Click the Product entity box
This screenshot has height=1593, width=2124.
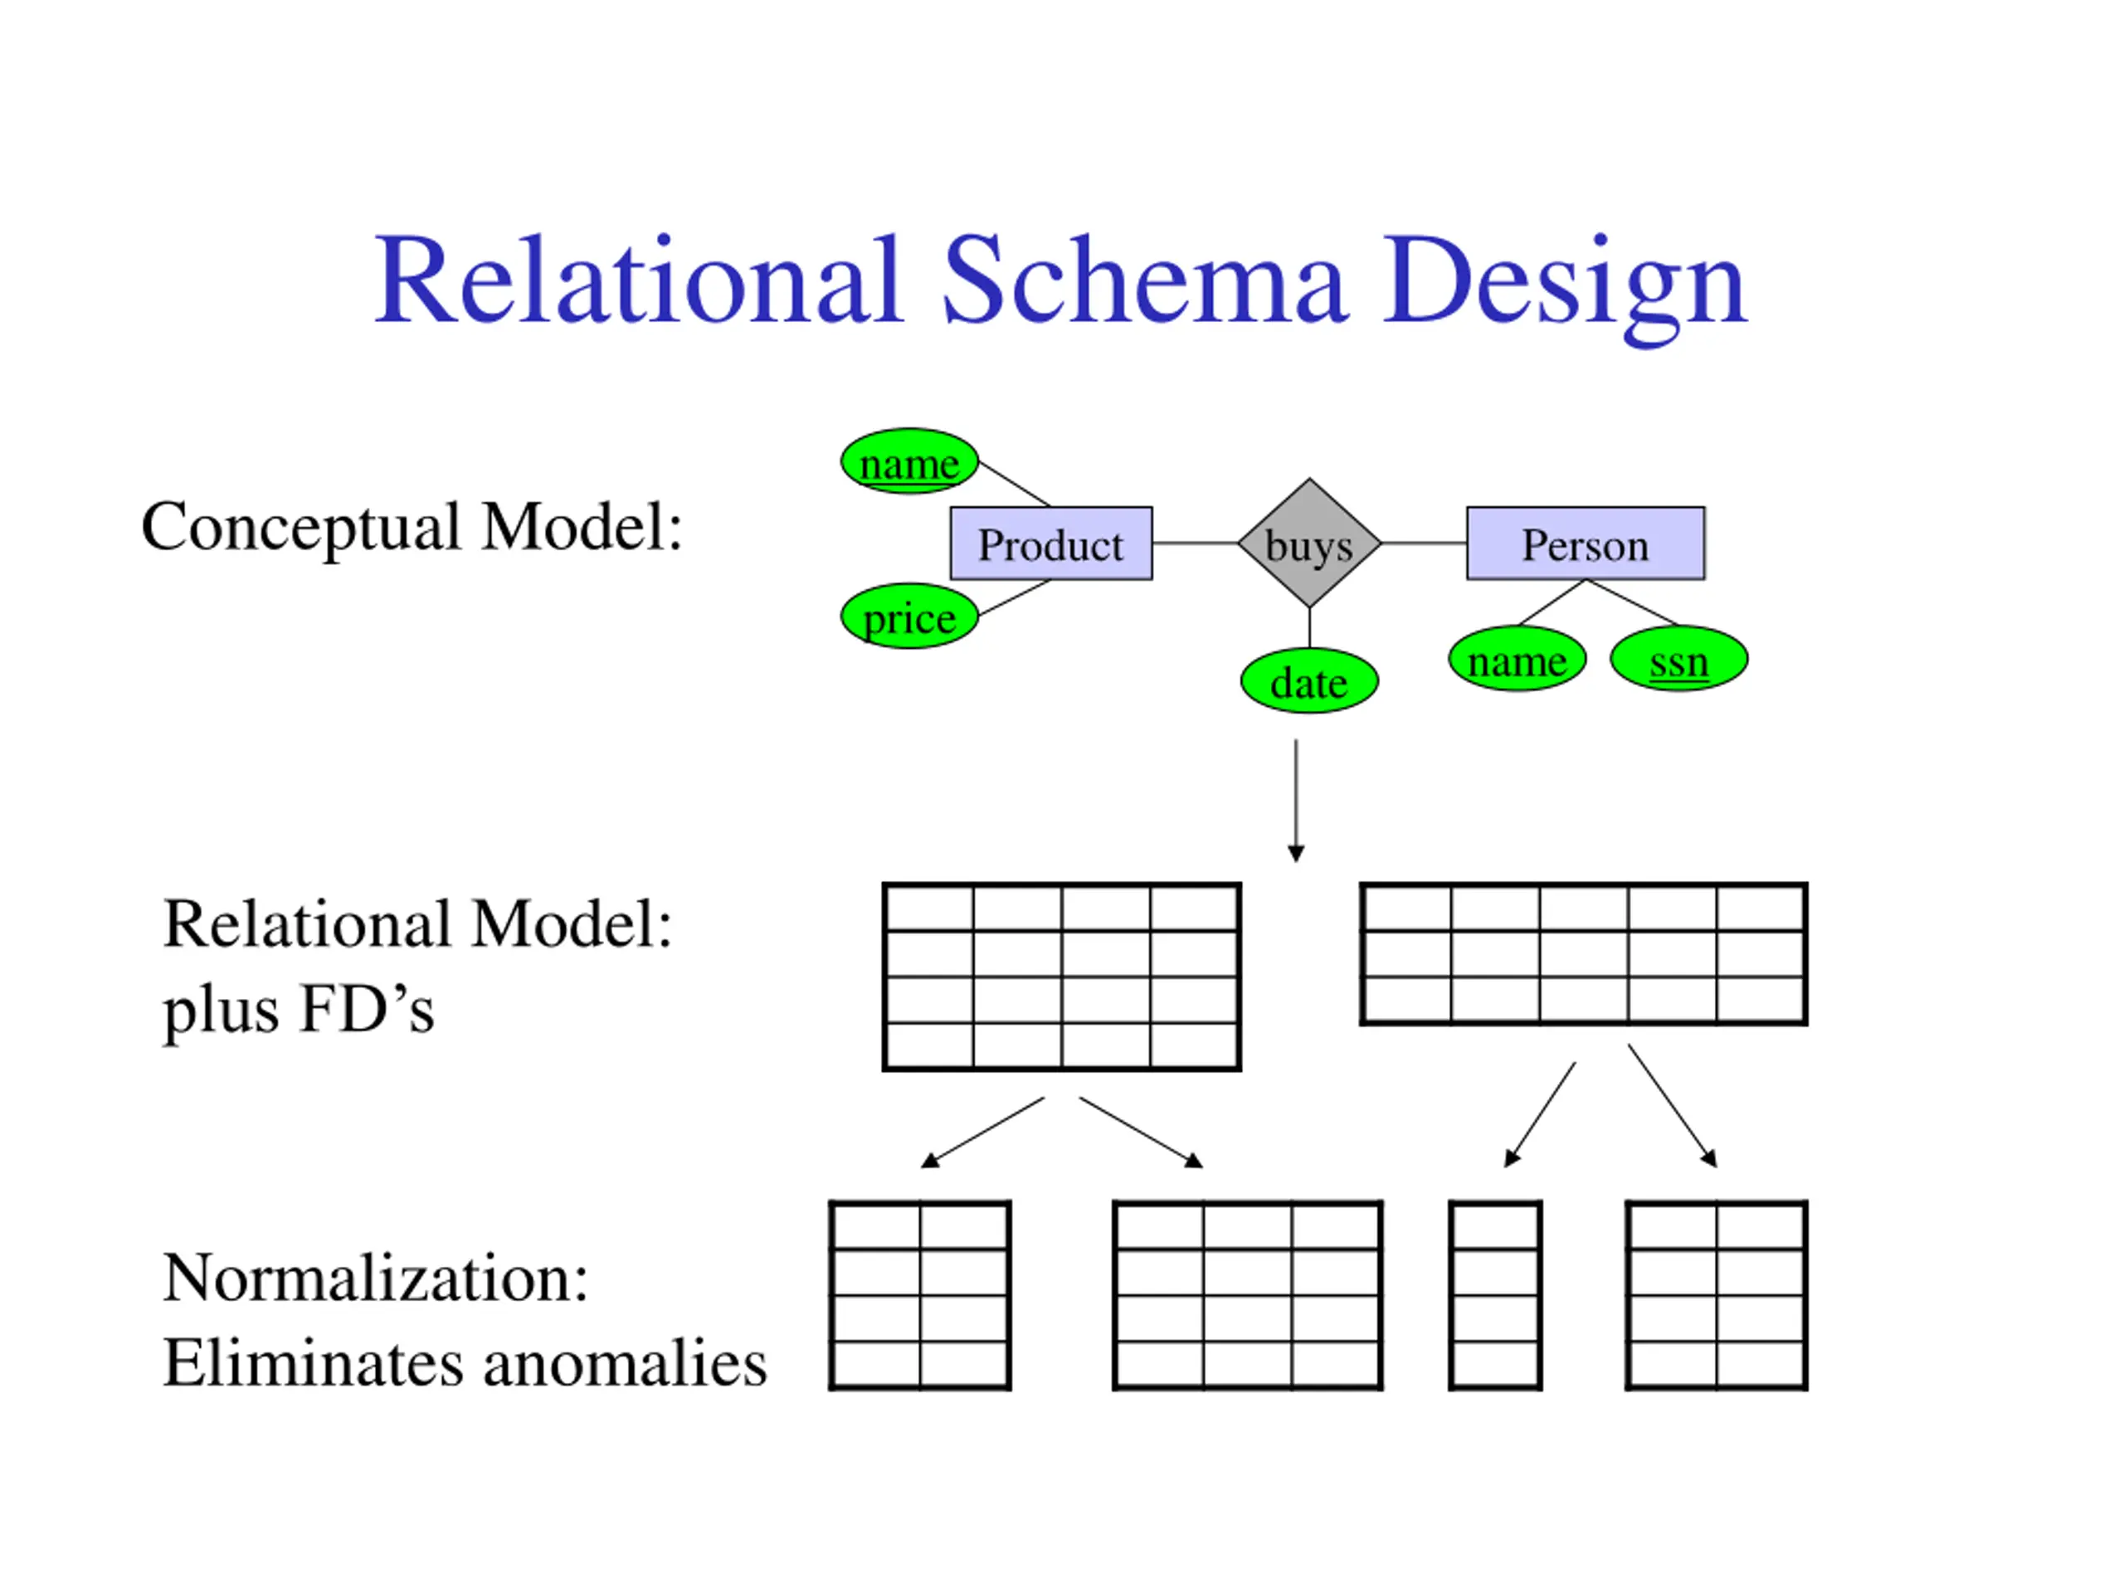[x=1051, y=543]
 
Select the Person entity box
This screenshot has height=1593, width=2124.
[x=1586, y=543]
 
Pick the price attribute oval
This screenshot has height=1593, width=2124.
[x=909, y=616]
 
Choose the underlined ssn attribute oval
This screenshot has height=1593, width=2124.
[x=1679, y=660]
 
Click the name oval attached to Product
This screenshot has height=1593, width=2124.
[x=909, y=462]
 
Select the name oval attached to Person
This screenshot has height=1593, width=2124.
[x=1517, y=660]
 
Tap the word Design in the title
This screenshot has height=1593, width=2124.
[x=1564, y=288]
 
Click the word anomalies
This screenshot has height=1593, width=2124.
[x=625, y=1362]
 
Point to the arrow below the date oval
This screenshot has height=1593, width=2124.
[x=1296, y=801]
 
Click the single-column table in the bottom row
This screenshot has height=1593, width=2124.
[x=1496, y=1295]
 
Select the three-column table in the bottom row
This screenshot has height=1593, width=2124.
[x=1247, y=1295]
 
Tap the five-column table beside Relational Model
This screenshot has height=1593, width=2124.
[x=1583, y=954]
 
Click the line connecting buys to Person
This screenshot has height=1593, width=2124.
[x=1424, y=543]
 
